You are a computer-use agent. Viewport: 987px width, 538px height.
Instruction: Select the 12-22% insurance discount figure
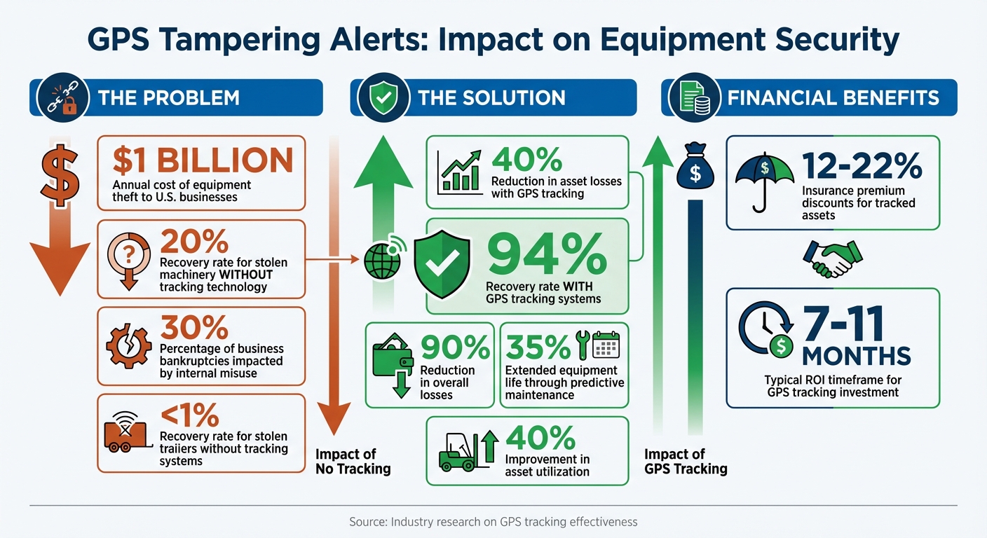click(x=862, y=165)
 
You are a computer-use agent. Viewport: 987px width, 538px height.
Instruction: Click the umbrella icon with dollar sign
click(x=765, y=178)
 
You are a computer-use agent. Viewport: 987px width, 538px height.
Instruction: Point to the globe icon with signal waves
click(x=383, y=261)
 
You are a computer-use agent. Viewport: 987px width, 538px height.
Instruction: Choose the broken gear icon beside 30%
click(x=128, y=346)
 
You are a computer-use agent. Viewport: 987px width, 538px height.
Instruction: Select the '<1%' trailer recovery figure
click(x=189, y=416)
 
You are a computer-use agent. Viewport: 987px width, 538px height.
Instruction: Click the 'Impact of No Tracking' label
click(x=353, y=461)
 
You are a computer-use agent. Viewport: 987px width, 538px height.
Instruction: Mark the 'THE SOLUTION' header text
click(x=491, y=97)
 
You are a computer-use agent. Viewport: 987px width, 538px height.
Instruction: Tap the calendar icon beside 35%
click(x=607, y=345)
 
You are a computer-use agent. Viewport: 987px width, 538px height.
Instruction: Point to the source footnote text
click(x=493, y=522)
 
